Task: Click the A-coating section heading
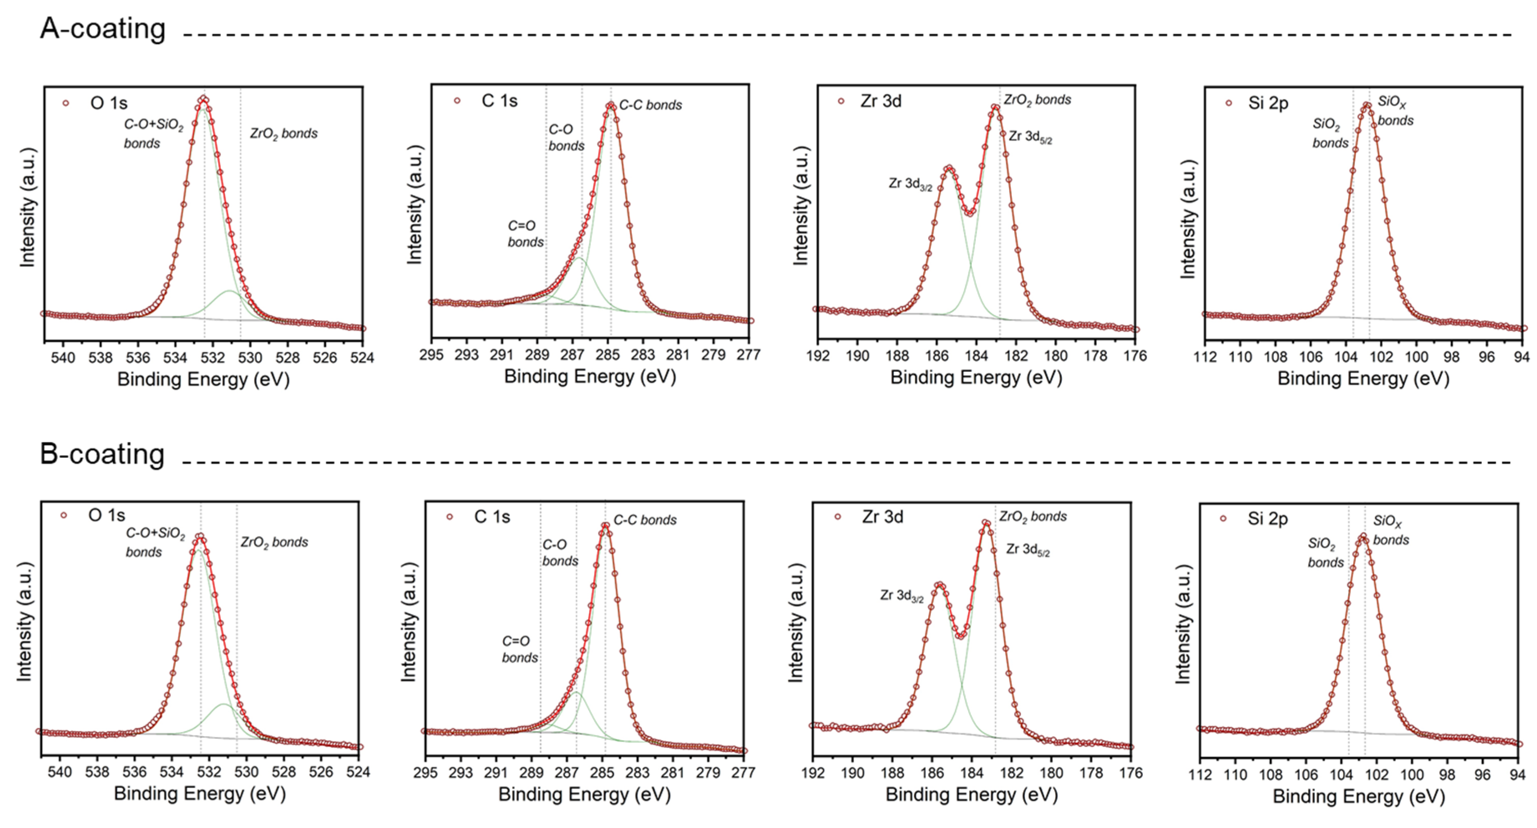(x=103, y=29)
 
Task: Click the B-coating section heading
(x=102, y=454)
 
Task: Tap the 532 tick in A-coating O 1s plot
(x=213, y=357)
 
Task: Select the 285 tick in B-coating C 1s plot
(x=602, y=772)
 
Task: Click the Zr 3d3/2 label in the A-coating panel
(x=910, y=184)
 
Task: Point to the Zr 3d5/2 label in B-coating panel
(x=1028, y=549)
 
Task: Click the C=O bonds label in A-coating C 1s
(x=525, y=234)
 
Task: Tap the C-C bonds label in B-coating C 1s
(x=645, y=520)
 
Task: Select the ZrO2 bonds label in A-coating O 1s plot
(x=284, y=134)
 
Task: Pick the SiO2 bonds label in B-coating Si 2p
(x=1325, y=553)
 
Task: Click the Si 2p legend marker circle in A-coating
(x=1228, y=103)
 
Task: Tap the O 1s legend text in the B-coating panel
(x=107, y=515)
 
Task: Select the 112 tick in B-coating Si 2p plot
(x=1200, y=774)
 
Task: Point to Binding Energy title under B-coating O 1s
(x=200, y=794)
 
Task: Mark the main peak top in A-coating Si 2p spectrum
(x=1366, y=106)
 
